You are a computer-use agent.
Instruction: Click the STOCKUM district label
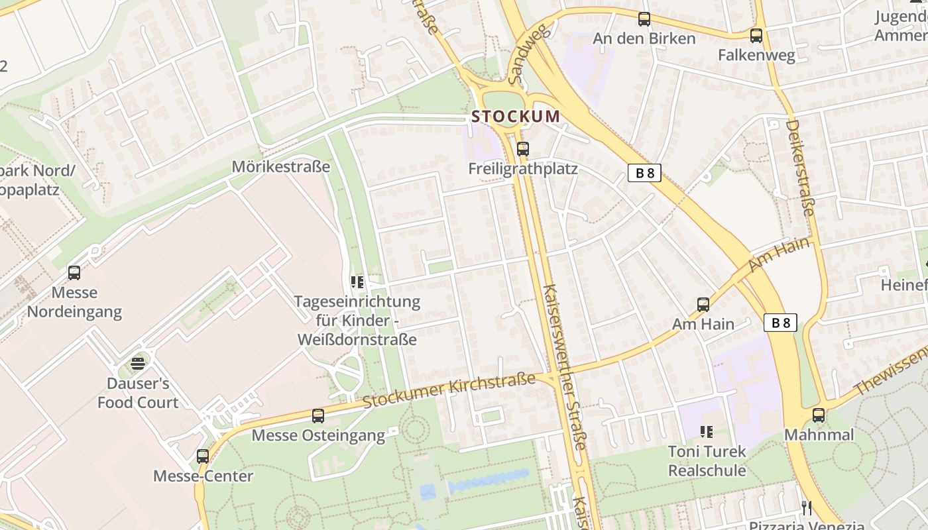516,117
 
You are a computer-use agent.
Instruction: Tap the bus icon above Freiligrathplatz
523,148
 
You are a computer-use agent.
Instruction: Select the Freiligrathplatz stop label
523,168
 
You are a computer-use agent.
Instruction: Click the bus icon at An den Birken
644,19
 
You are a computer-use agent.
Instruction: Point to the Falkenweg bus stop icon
756,36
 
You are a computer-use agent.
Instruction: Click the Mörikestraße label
280,166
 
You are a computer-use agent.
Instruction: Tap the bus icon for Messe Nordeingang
74,272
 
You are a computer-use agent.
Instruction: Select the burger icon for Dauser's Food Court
138,363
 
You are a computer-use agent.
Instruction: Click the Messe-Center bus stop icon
203,456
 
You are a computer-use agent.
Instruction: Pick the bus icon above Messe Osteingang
318,415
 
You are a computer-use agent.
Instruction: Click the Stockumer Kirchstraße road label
449,390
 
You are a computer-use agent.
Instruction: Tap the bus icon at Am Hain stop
703,304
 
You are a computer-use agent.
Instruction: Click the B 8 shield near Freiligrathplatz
644,173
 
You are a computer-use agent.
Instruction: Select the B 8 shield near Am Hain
780,323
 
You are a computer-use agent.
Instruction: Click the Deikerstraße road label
799,168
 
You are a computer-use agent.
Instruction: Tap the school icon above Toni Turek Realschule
707,432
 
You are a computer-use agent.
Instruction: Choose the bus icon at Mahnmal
819,415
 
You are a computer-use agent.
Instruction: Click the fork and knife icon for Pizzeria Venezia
807,508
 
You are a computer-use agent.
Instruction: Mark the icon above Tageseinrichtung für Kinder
357,282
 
